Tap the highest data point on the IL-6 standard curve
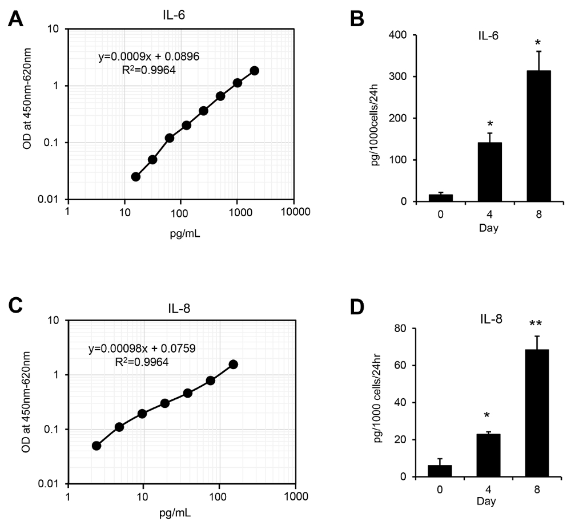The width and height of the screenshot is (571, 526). coord(255,70)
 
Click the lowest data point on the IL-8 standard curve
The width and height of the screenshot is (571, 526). coord(96,446)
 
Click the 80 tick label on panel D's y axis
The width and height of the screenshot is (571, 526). coord(405,329)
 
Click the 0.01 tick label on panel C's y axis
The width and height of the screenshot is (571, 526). coord(50,484)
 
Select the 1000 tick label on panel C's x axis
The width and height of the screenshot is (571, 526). coord(295,496)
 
